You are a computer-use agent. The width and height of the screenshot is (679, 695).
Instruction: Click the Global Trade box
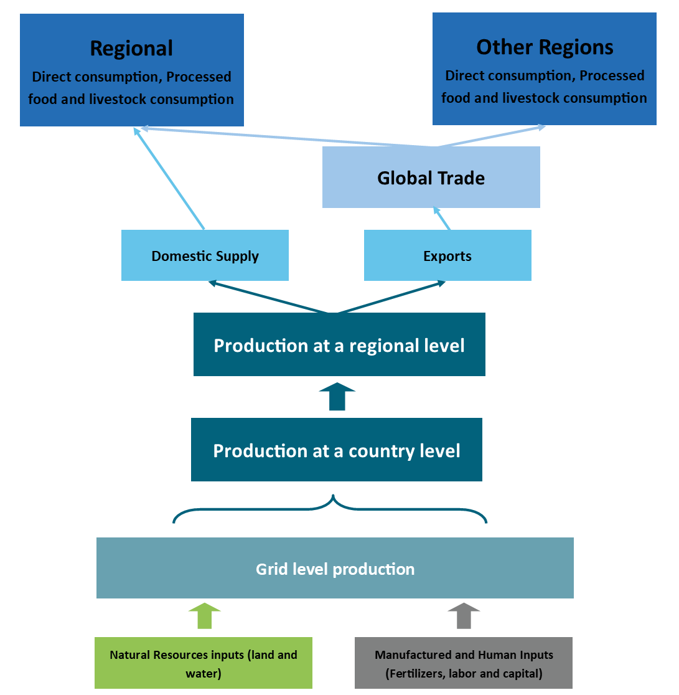tap(431, 177)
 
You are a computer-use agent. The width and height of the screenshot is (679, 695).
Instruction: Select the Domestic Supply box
tap(205, 255)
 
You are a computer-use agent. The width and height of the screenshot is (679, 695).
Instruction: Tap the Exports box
tap(447, 255)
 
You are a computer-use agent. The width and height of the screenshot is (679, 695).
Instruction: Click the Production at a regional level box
tap(339, 344)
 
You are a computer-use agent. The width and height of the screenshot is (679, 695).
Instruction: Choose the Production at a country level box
tap(337, 450)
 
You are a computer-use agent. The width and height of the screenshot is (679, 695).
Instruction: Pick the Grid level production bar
tap(335, 568)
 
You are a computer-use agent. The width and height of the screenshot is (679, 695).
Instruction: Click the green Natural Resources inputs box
tap(204, 663)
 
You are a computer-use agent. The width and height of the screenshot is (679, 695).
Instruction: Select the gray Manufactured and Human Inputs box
tap(463, 663)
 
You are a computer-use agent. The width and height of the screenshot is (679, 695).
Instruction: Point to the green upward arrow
tap(205, 616)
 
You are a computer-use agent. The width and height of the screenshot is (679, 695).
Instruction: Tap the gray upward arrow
tap(464, 616)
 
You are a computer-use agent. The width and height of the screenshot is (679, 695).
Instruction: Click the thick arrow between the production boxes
tap(337, 396)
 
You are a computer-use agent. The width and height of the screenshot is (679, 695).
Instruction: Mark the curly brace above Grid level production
tap(330, 508)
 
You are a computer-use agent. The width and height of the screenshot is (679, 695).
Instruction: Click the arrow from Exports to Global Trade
tap(442, 218)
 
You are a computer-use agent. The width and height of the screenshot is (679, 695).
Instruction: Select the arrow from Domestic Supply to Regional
tap(169, 178)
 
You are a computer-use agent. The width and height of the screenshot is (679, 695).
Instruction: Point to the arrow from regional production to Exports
tap(391, 297)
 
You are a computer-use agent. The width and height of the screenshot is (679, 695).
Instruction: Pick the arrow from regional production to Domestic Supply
tap(268, 297)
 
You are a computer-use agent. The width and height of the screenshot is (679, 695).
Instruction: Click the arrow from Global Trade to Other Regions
tap(491, 136)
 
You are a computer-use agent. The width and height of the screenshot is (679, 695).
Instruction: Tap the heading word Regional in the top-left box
tap(131, 49)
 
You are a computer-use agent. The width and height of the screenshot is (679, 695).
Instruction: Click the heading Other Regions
tap(545, 47)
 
